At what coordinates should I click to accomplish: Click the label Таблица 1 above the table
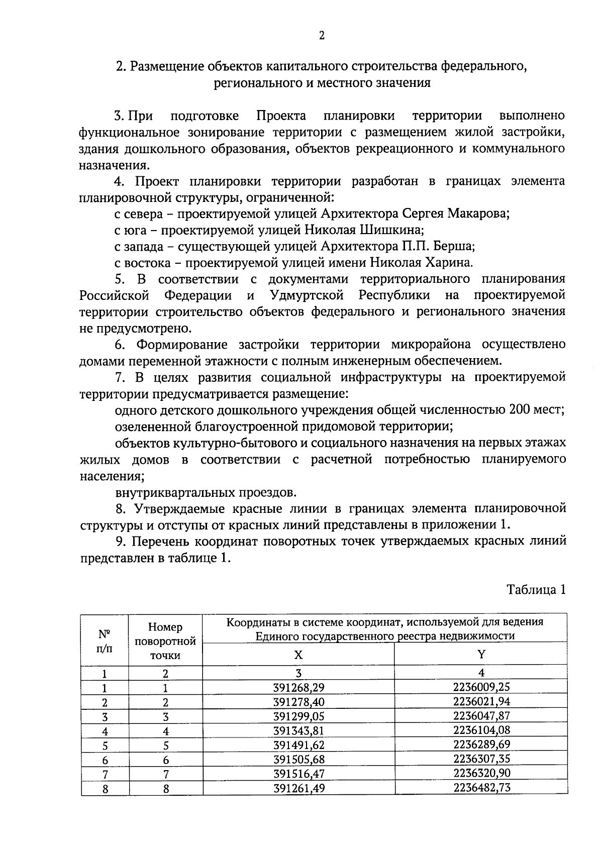point(536,589)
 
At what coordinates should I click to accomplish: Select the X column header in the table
point(298,655)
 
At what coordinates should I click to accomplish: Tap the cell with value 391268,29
point(299,687)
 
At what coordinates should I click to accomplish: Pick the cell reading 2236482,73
point(481,788)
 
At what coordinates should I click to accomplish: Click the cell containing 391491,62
point(299,745)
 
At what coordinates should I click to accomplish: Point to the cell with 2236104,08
point(481,730)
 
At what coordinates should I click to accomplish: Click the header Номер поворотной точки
point(165,641)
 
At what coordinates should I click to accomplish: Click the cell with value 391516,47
point(299,773)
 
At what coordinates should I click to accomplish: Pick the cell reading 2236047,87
point(481,716)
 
